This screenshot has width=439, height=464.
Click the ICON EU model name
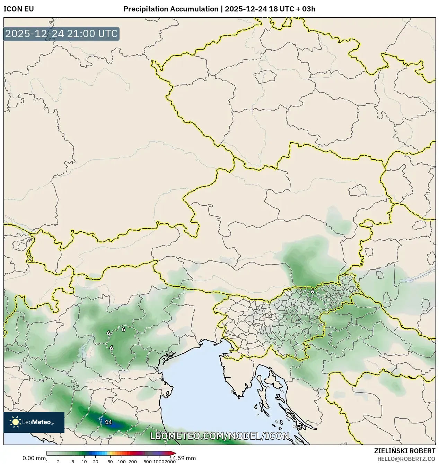click(19, 9)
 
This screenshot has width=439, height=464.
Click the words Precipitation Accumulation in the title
click(171, 9)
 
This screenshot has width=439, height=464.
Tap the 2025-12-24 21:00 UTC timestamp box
click(61, 34)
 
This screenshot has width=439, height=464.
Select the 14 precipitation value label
click(108, 422)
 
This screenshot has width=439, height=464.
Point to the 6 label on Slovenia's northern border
click(312, 292)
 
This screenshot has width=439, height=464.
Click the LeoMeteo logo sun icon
click(16, 422)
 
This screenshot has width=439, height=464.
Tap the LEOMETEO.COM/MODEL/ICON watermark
click(219, 436)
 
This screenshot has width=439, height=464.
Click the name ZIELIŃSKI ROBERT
click(404, 451)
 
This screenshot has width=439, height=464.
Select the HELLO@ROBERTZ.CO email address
click(406, 459)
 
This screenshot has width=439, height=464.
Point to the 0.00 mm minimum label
click(34, 458)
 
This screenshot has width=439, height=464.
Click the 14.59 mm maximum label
click(182, 458)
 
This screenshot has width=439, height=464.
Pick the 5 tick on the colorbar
click(73, 462)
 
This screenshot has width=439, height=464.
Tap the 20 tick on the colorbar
click(96, 462)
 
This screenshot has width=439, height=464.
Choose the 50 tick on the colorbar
click(110, 462)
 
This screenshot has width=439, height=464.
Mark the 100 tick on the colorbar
click(122, 462)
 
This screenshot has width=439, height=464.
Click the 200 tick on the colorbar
click(133, 462)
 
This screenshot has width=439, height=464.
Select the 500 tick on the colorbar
click(148, 462)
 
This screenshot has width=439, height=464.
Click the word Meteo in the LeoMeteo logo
click(43, 422)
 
